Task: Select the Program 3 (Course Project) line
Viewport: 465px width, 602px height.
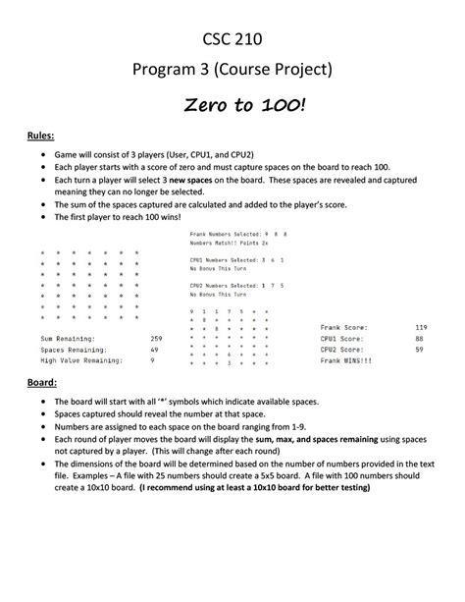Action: [232, 71]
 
